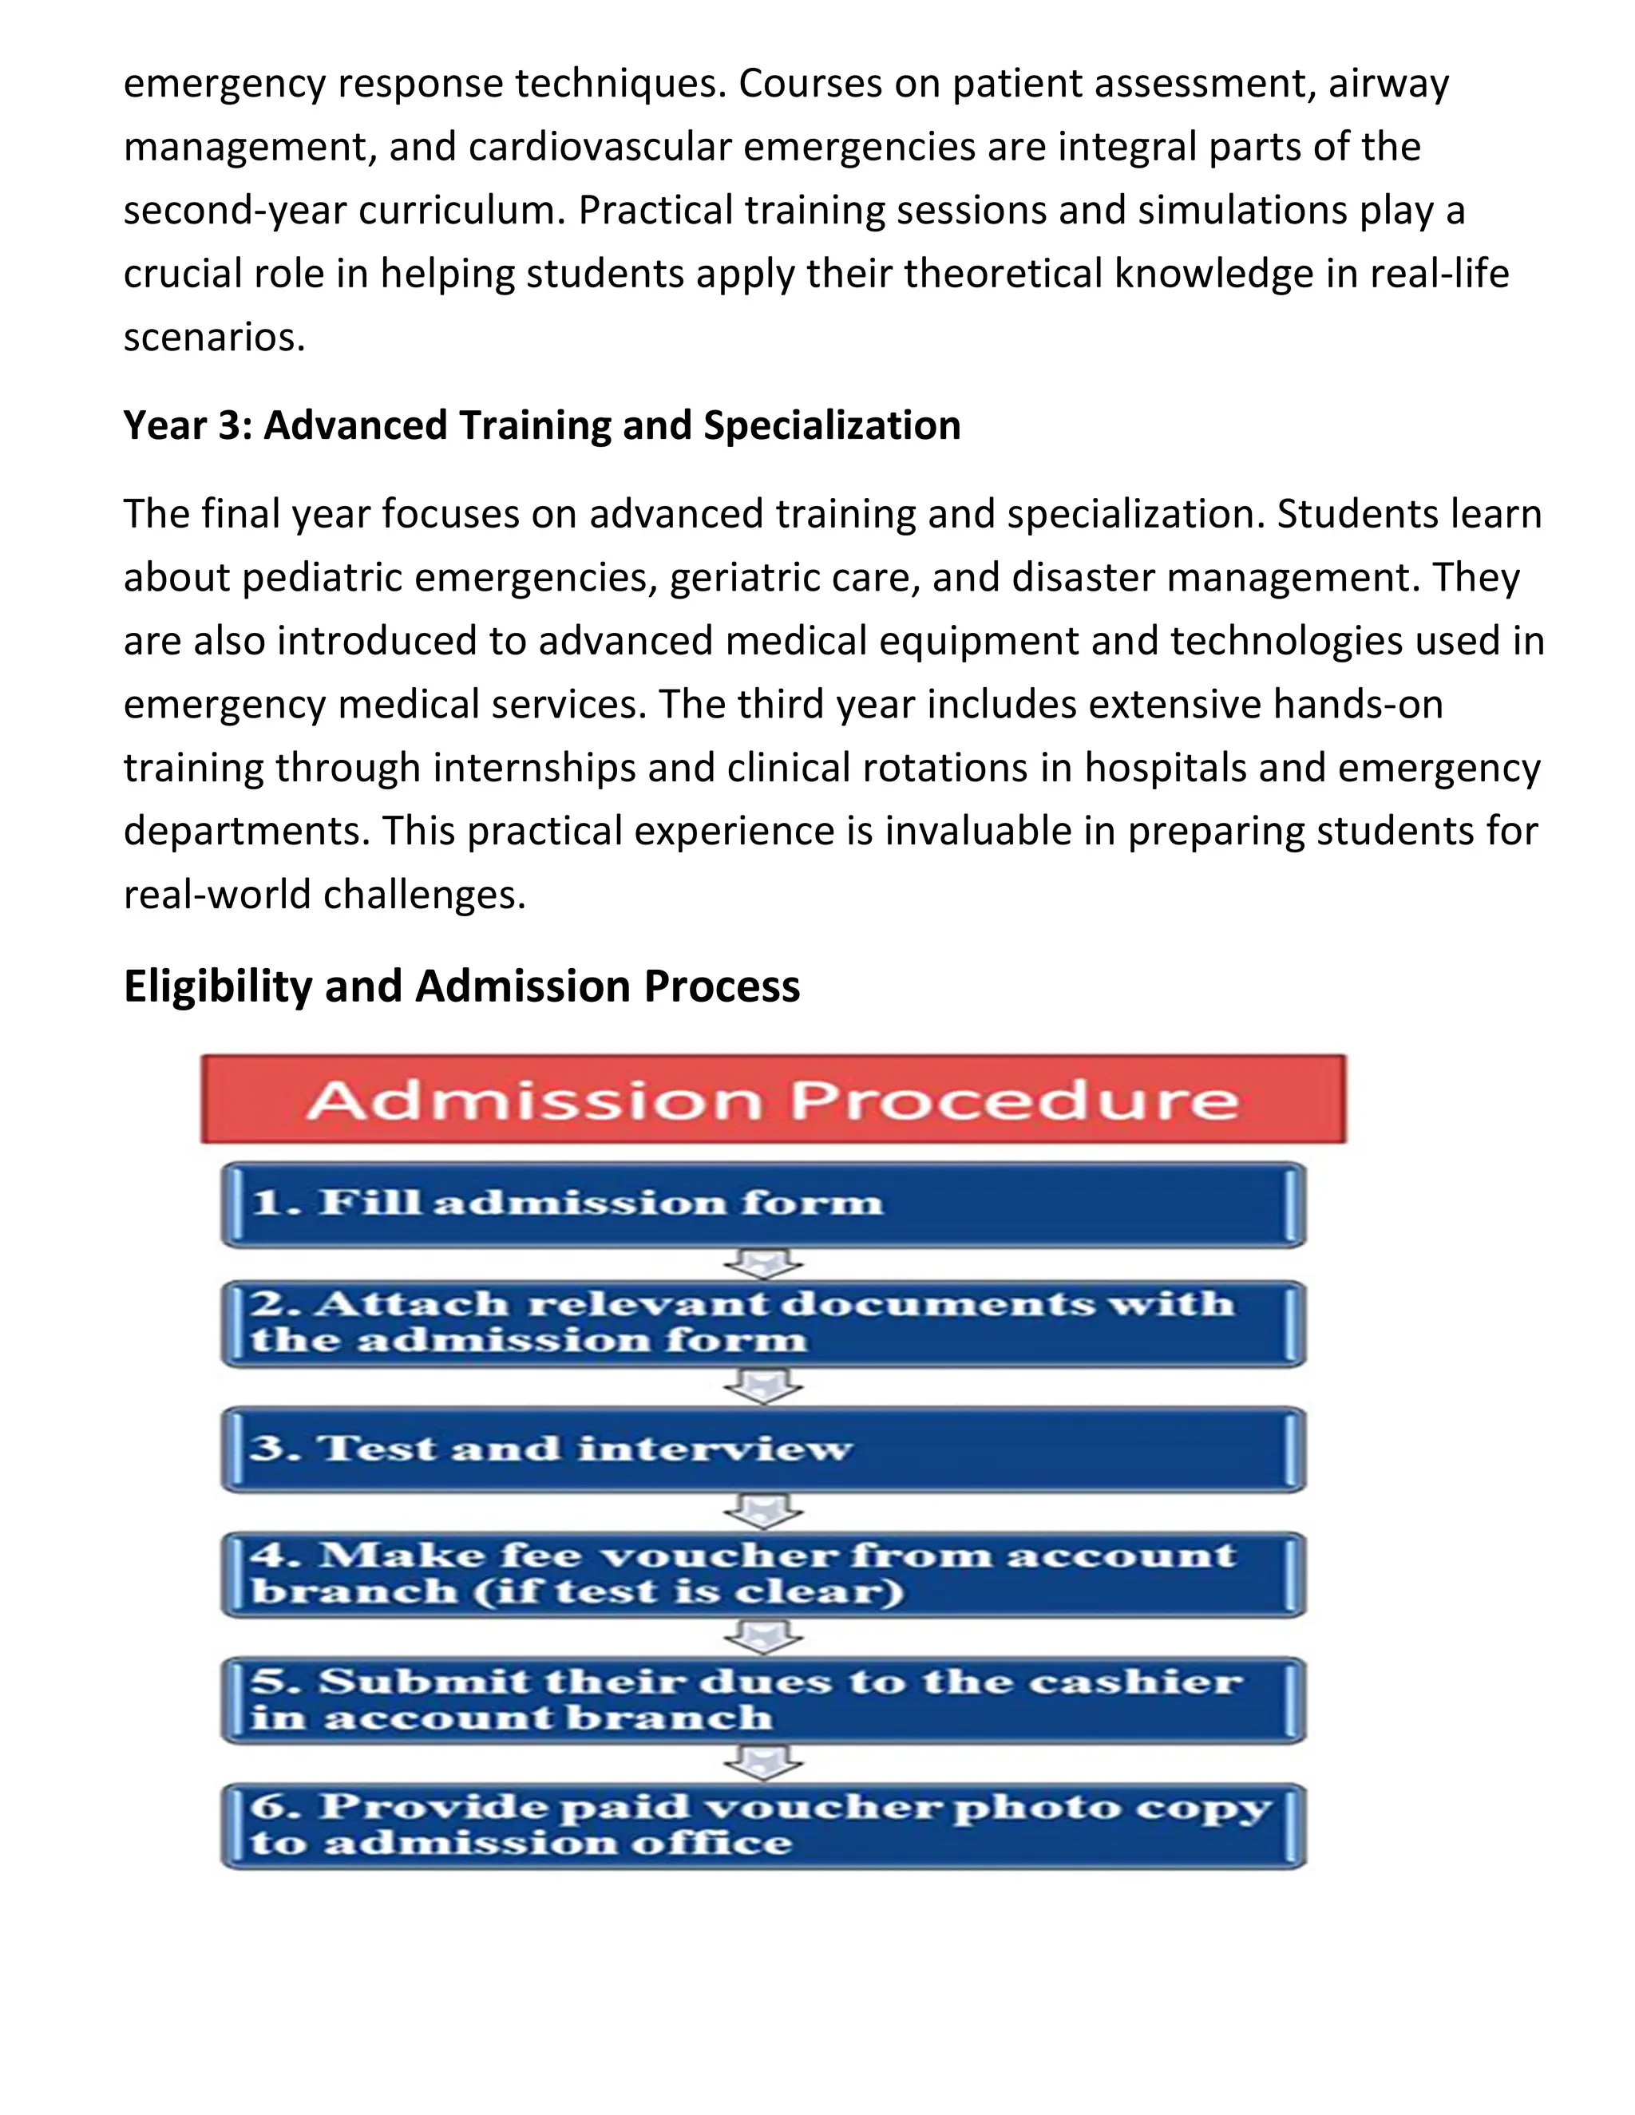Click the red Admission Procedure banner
pyautogui.click(x=773, y=1099)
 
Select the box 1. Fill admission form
pyautogui.click(x=763, y=1204)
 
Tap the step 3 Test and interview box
pyautogui.click(x=763, y=1449)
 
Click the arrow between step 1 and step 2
pyautogui.click(x=763, y=1263)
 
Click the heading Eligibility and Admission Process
pyautogui.click(x=461, y=986)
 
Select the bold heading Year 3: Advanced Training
pyautogui.click(x=541, y=425)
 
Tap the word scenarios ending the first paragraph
pyautogui.click(x=213, y=337)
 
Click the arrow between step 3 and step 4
pyautogui.click(x=763, y=1512)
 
